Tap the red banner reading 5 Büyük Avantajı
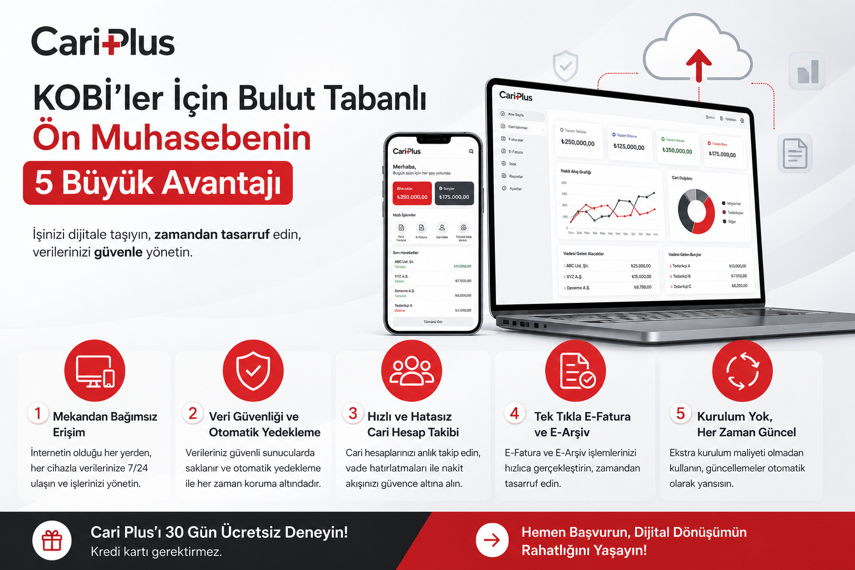[x=158, y=183]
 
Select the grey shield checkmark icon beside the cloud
[x=565, y=66]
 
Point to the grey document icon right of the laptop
[x=794, y=153]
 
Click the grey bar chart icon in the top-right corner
[x=808, y=71]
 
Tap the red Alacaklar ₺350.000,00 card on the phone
[x=412, y=193]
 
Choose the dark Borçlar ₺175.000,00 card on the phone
[x=454, y=193]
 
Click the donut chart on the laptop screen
[x=696, y=212]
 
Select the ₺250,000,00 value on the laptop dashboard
[x=578, y=143]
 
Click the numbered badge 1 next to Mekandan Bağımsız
[x=38, y=414]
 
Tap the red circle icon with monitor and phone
[x=95, y=371]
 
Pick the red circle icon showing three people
[x=411, y=371]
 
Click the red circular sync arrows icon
[x=743, y=371]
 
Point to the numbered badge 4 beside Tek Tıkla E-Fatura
[x=514, y=414]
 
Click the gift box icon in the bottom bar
[x=52, y=540]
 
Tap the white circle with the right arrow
[x=492, y=540]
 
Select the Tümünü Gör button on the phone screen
[x=433, y=322]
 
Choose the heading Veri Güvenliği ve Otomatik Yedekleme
[x=264, y=424]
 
